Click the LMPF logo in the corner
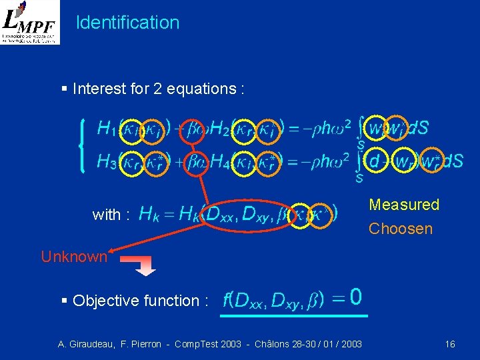point(30,23)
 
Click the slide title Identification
point(128,23)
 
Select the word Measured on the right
point(404,205)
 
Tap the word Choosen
point(401,229)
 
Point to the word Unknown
point(74,256)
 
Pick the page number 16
point(450,344)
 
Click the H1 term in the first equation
point(106,127)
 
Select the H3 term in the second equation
point(106,161)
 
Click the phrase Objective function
point(136,301)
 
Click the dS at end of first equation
point(417,127)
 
